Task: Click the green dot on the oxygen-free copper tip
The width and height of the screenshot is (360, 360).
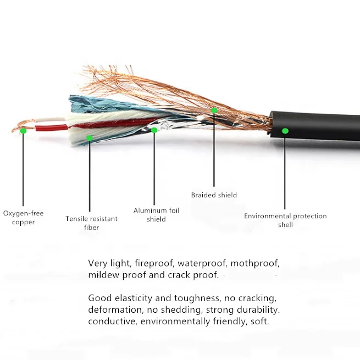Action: (23, 131)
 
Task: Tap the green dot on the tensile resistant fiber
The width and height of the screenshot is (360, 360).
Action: (89, 138)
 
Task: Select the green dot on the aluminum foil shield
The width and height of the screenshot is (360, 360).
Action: (154, 130)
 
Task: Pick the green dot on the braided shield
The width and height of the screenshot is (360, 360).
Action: (214, 110)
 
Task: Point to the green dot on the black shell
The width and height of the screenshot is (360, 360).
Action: (285, 131)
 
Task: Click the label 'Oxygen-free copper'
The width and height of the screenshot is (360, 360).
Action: (23, 218)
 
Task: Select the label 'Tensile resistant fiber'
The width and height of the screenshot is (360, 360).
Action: (91, 223)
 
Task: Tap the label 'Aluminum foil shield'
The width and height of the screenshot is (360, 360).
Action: (156, 215)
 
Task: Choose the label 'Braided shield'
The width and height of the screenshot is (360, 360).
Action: (214, 195)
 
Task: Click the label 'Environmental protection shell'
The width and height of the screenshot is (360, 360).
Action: (285, 220)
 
